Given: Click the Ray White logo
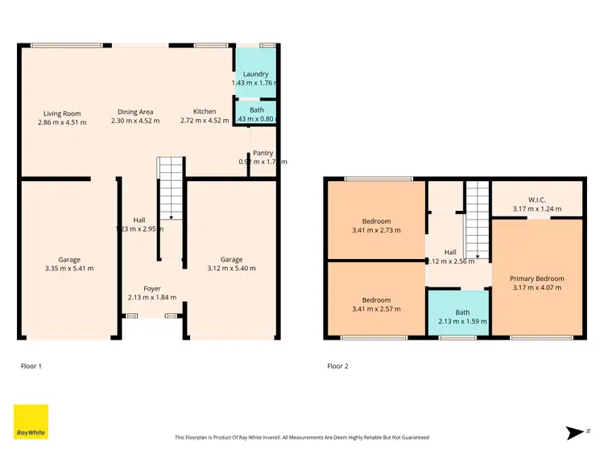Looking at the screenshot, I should point(31,422).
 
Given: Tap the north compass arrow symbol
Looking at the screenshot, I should point(575,433).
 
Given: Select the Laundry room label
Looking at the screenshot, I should point(255,74).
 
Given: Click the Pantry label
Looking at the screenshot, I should point(263,153).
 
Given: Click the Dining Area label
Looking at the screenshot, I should point(135,112).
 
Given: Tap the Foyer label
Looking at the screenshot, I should point(152,288).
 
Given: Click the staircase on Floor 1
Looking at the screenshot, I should point(169,189).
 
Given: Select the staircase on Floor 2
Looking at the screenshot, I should point(478,221).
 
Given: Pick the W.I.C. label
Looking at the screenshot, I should point(537,200).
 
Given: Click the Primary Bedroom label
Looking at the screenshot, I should point(537,278).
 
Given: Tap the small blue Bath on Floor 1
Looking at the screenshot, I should point(255,113).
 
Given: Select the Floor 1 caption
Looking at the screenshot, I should point(31,366).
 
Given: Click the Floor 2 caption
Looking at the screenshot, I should point(337,366).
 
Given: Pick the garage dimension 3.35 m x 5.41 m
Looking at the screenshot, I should point(69,269).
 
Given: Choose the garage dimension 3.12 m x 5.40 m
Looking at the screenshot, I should point(231,269).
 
